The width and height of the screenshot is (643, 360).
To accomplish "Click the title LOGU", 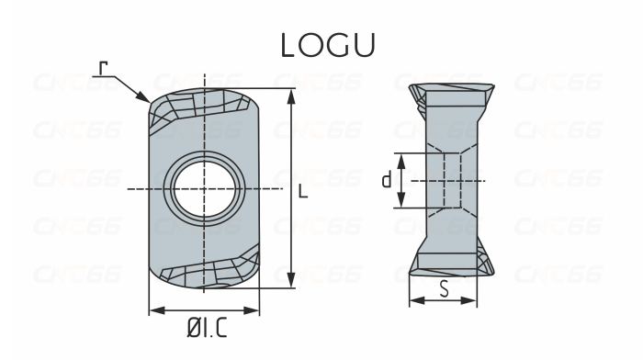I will [x=321, y=47].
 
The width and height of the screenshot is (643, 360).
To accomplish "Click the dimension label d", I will [x=386, y=180].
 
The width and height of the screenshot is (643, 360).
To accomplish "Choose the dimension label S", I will [x=444, y=289].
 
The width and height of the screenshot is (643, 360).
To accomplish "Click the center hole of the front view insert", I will [x=204, y=187].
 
